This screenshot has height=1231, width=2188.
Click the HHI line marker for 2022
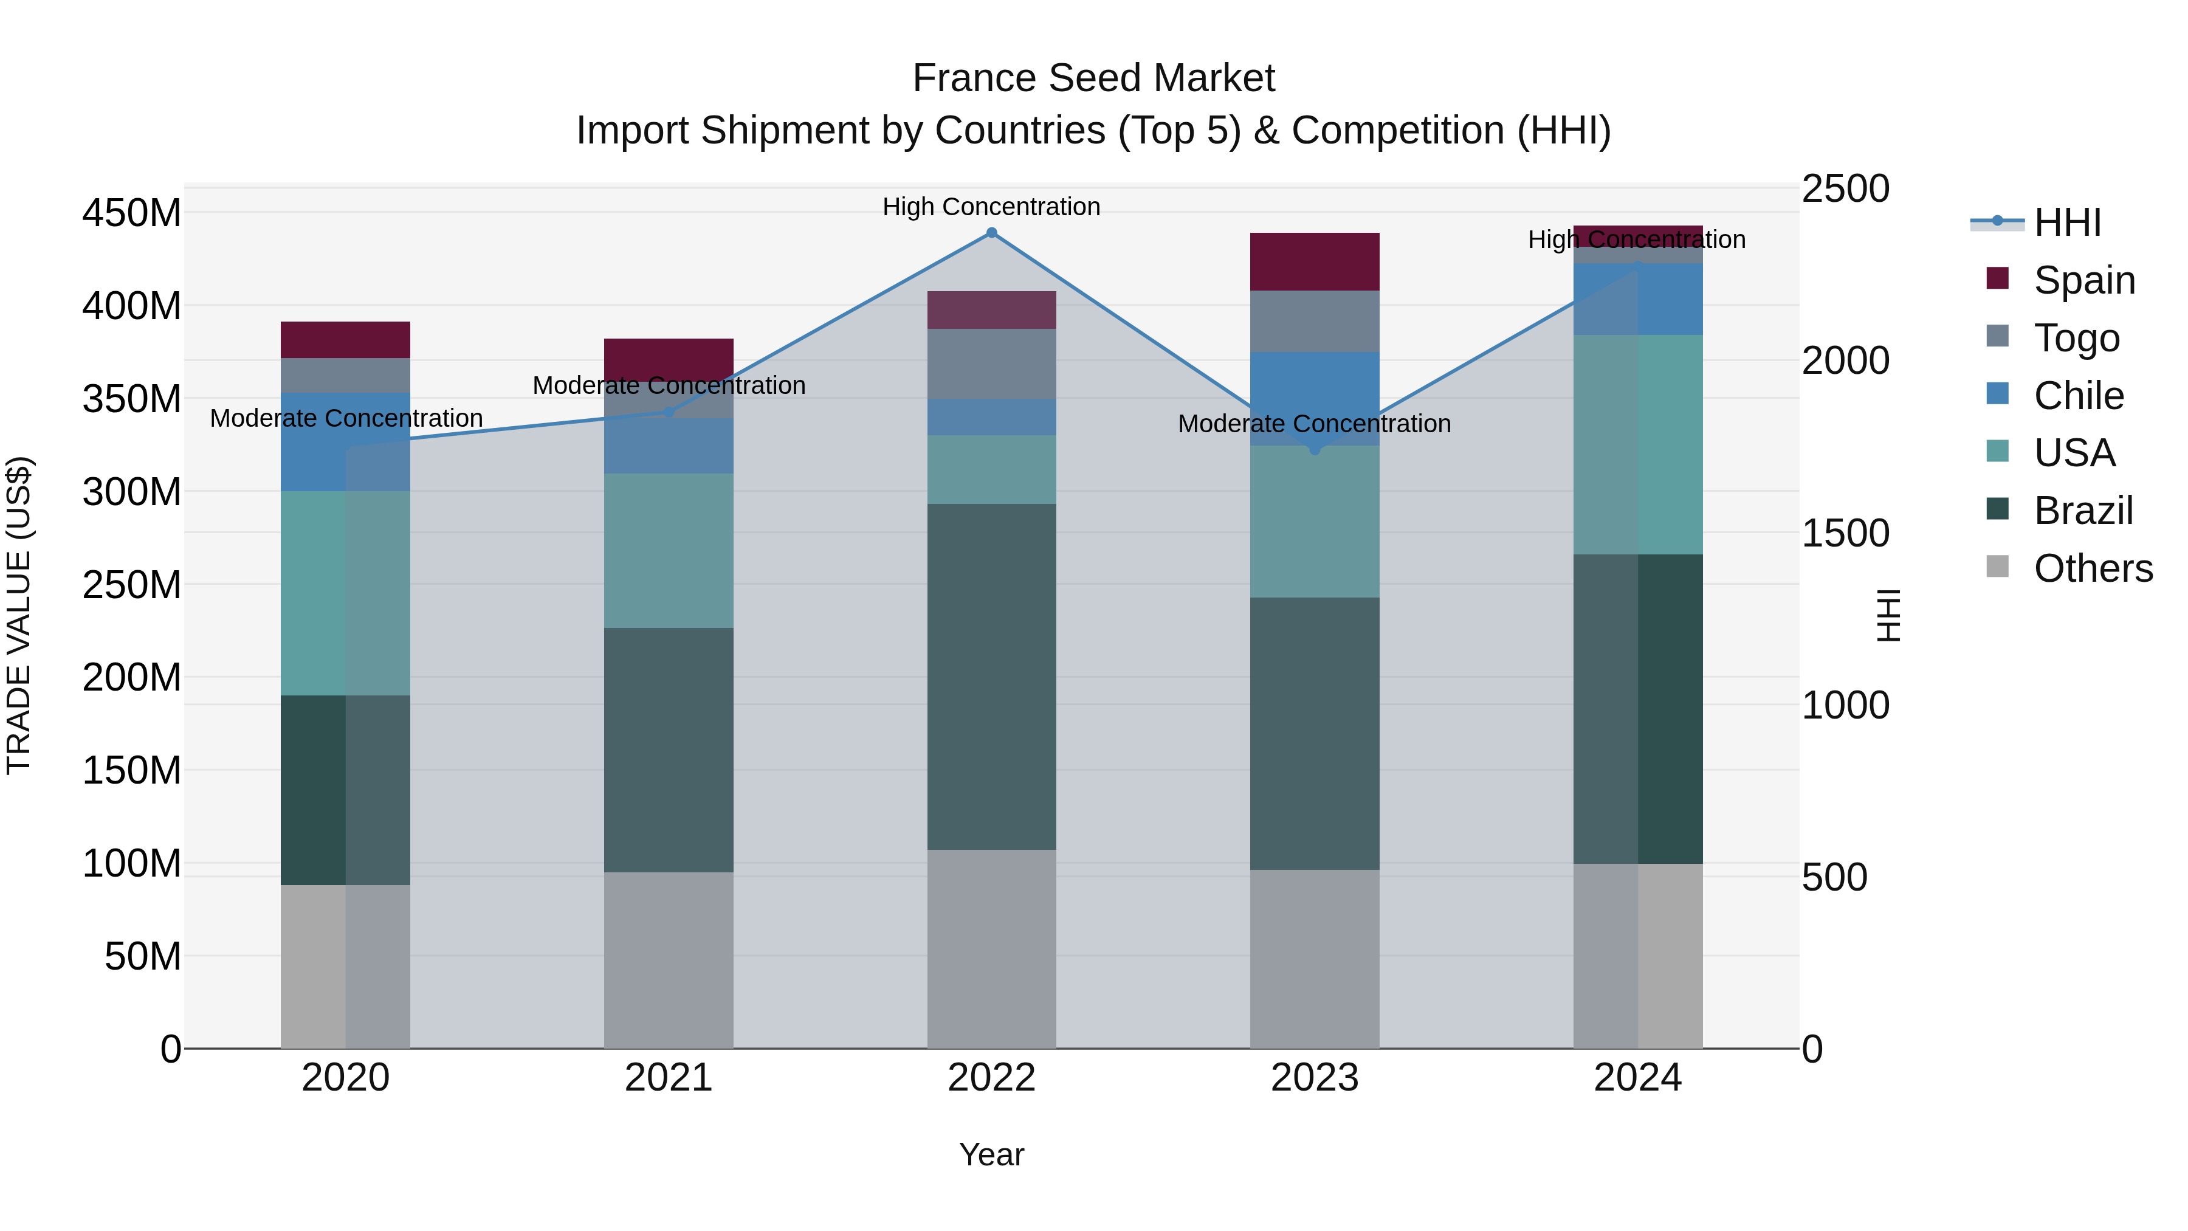coord(991,233)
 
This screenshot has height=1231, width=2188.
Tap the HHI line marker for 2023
coord(1315,449)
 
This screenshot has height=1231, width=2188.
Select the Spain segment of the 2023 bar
coord(1315,261)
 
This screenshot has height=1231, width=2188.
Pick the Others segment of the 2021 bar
coord(669,960)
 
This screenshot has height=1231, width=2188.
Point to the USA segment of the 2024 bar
coord(1637,444)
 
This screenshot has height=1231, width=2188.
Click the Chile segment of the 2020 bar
coord(346,442)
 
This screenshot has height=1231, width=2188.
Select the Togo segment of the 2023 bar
coord(1315,321)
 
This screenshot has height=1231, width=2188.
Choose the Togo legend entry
coord(2076,338)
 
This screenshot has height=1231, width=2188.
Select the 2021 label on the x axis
coord(669,1078)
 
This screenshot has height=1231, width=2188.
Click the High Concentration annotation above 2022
coord(991,207)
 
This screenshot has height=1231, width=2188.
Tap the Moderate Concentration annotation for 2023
coord(1314,423)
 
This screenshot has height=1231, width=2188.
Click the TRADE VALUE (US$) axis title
coord(19,615)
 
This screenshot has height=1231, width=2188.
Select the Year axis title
coord(991,1154)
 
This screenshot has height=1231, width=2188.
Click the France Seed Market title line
coord(1093,78)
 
